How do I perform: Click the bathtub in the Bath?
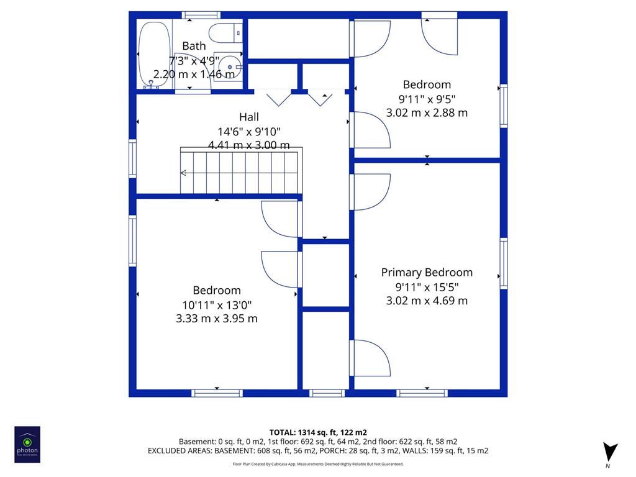pyautogui.click(x=154, y=55)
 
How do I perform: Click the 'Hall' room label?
pyautogui.click(x=249, y=117)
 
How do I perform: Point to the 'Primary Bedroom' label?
pyautogui.click(x=427, y=272)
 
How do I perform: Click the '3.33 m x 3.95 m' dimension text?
pyautogui.click(x=217, y=319)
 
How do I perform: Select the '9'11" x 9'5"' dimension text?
pyautogui.click(x=427, y=99)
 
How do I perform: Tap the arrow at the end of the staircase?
pyautogui.click(x=183, y=173)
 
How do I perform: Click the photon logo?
pyautogui.click(x=27, y=445)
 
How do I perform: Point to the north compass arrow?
pyautogui.click(x=609, y=452)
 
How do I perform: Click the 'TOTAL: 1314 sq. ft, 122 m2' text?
pyautogui.click(x=318, y=432)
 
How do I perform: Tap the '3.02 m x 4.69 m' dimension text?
pyautogui.click(x=427, y=301)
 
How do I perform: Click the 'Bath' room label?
pyautogui.click(x=194, y=46)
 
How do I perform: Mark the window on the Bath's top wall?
pyautogui.click(x=201, y=16)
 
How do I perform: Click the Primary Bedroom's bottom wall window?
pyautogui.click(x=422, y=393)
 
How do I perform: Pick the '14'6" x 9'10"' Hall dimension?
pyautogui.click(x=249, y=132)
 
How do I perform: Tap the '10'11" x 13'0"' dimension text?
pyautogui.click(x=217, y=304)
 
